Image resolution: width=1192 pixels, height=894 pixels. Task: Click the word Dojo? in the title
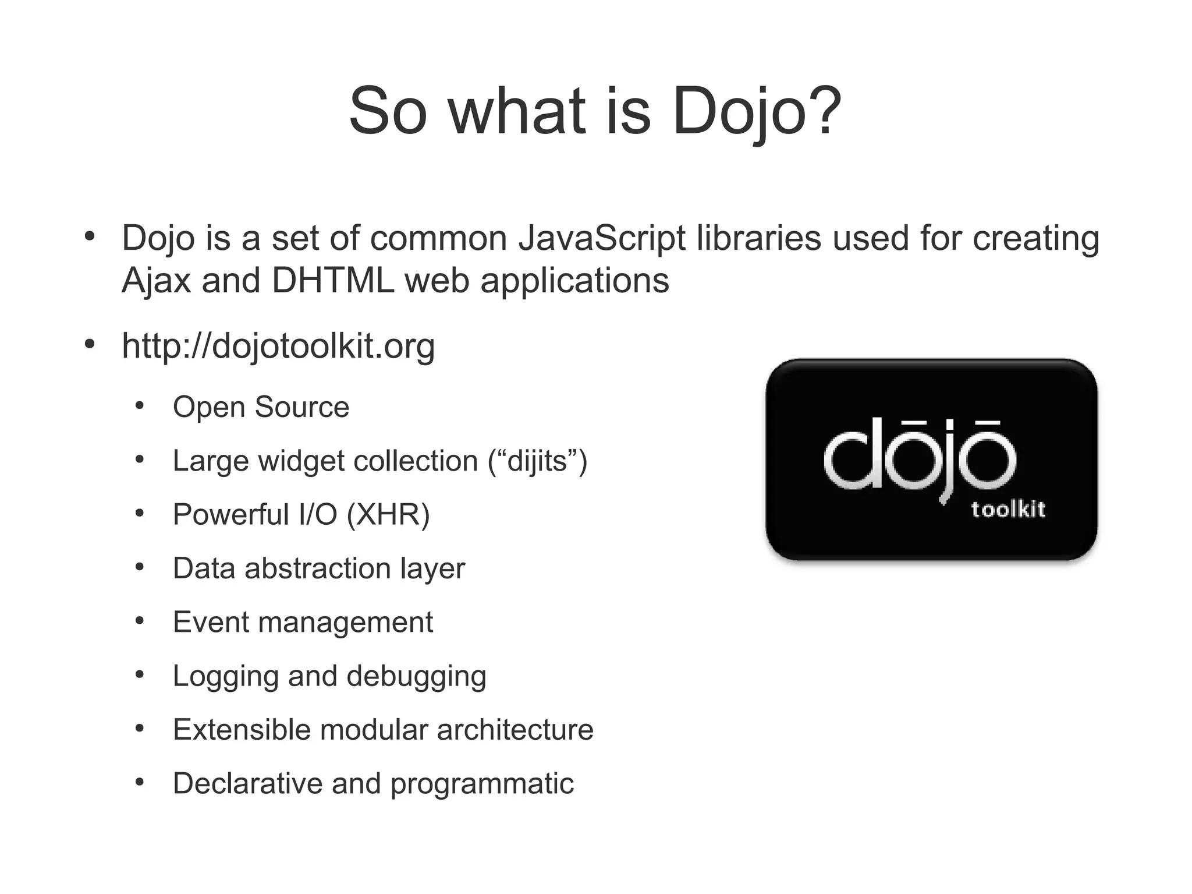click(757, 111)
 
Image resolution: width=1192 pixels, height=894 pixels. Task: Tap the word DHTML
click(332, 281)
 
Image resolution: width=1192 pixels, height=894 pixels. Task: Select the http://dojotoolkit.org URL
click(278, 346)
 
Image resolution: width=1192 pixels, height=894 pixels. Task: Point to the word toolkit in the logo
click(1008, 510)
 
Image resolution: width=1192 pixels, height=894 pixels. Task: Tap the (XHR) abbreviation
click(388, 515)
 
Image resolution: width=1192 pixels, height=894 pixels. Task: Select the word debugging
click(416, 676)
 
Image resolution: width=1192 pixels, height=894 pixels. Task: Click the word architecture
click(515, 730)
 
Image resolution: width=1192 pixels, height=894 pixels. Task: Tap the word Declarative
click(247, 783)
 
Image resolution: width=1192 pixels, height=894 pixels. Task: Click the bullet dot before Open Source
click(140, 406)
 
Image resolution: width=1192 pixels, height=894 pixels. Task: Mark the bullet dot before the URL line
click(89, 344)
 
